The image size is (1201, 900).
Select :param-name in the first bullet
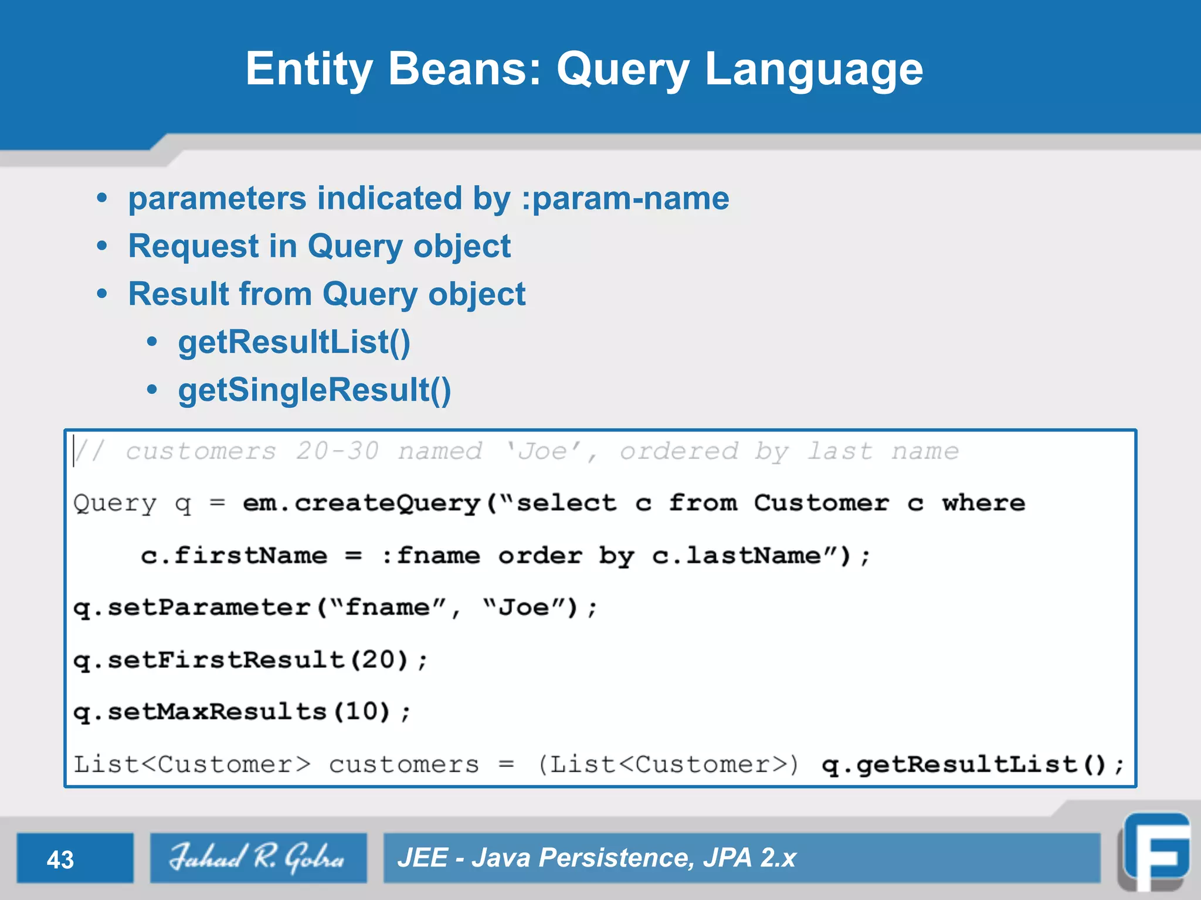[625, 198]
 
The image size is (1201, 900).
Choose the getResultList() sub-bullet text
[294, 342]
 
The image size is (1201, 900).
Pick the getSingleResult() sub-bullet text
[314, 390]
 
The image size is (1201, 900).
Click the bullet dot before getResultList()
[152, 342]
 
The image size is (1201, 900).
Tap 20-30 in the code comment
[337, 451]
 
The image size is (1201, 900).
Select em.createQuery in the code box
[362, 503]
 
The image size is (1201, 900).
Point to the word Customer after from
[821, 503]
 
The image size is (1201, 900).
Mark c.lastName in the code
[737, 555]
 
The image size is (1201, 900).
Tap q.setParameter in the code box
[192, 608]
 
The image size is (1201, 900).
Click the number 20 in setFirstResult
[378, 660]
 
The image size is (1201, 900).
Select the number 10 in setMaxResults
[361, 712]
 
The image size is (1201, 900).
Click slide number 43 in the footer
[60, 860]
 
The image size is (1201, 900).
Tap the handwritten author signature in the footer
[257, 858]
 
